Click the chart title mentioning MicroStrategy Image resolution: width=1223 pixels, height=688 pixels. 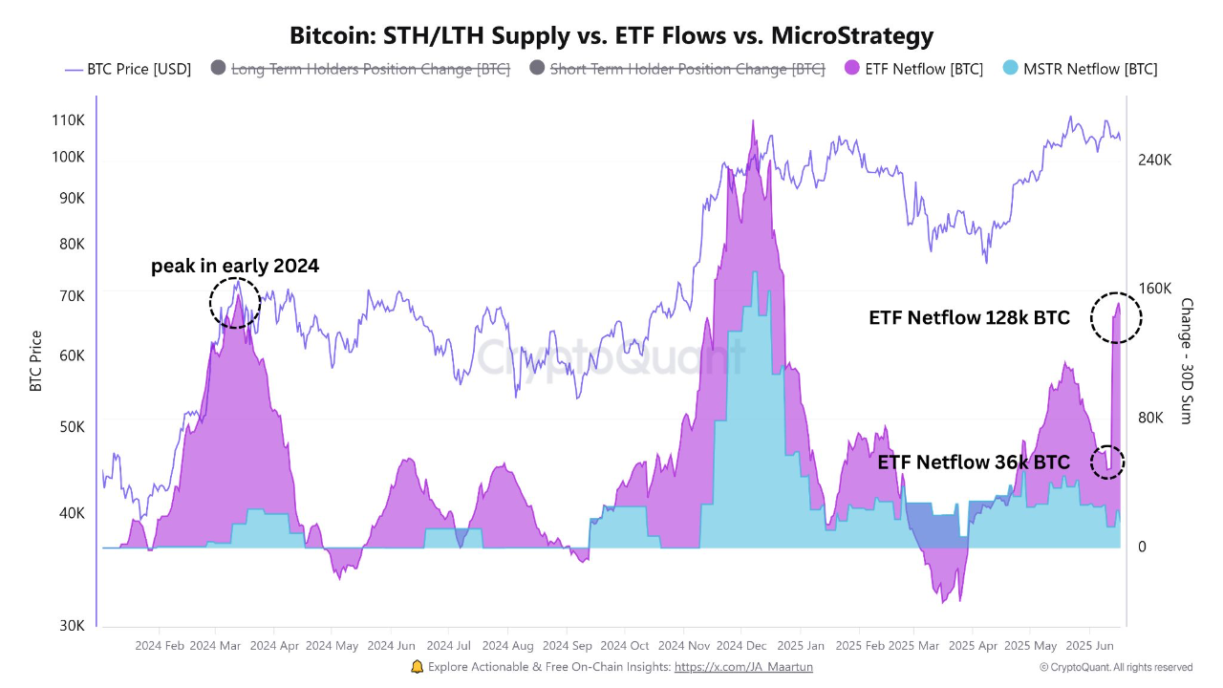[611, 36]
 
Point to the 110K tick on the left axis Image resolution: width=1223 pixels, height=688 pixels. [68, 120]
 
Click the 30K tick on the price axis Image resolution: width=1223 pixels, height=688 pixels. [71, 625]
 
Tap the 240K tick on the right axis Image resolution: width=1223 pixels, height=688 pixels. [1154, 160]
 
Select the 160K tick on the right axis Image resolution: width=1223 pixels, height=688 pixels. [1154, 289]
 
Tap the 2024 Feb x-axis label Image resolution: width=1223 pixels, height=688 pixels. [161, 645]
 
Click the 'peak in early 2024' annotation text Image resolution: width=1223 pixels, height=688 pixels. [235, 267]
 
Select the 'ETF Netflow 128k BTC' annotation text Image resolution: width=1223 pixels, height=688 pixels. [969, 318]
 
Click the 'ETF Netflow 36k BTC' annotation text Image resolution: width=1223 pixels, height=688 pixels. [974, 462]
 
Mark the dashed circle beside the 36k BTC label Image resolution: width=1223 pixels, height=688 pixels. [1107, 462]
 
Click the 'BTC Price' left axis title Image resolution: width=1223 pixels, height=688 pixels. [36, 361]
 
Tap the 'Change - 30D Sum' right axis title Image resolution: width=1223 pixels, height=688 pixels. [1186, 361]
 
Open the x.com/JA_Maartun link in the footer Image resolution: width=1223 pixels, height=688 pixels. [743, 667]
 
